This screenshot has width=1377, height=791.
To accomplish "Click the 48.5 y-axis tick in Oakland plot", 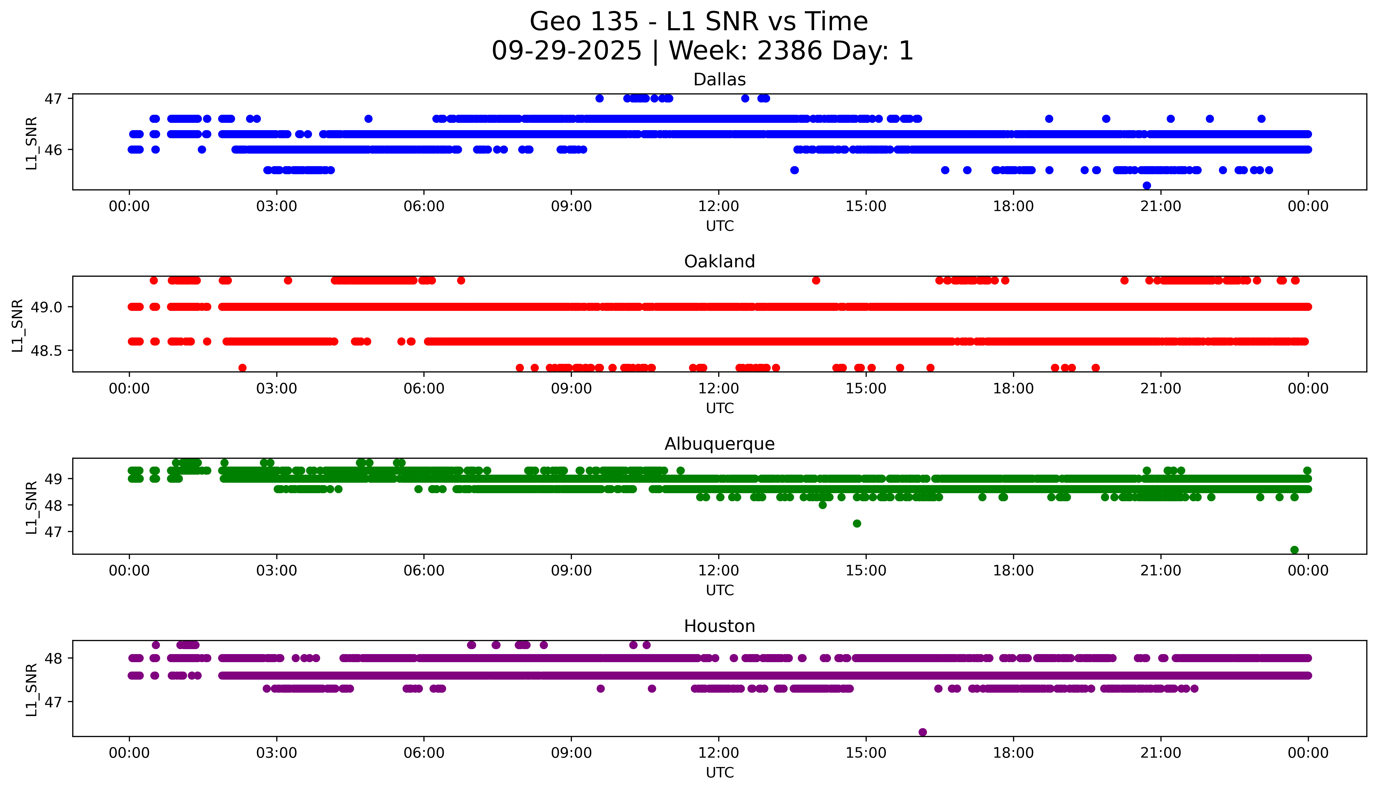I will [x=46, y=351].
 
